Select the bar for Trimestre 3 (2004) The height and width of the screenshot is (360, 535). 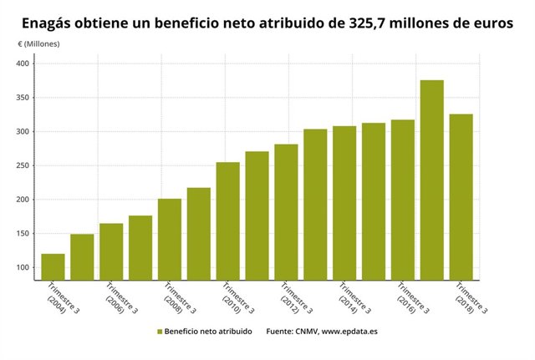coord(53,266)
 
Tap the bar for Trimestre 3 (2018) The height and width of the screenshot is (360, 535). coord(461,196)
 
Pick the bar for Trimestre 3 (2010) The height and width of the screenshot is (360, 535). coord(227,221)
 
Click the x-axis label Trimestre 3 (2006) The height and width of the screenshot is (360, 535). coord(115,302)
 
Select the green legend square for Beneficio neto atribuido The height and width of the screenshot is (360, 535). coord(159,332)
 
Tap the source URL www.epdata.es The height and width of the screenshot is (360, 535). coord(349,332)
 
